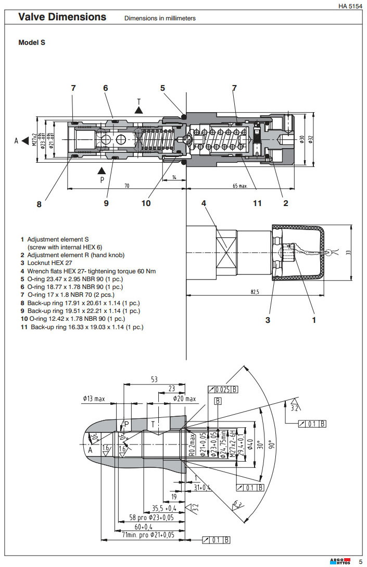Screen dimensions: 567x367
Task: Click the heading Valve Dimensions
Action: pyautogui.click(x=62, y=17)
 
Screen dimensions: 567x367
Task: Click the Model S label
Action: pyautogui.click(x=32, y=43)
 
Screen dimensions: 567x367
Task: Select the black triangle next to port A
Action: pyautogui.click(x=25, y=140)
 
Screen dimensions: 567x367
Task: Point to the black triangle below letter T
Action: pyautogui.click(x=138, y=110)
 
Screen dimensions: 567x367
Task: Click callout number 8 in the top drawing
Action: pyautogui.click(x=39, y=204)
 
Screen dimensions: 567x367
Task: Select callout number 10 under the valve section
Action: pyautogui.click(x=146, y=203)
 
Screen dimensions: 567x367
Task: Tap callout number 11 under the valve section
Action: pyautogui.click(x=257, y=203)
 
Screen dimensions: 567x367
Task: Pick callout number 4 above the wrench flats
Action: pyautogui.click(x=204, y=203)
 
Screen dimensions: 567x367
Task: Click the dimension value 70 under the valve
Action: pyautogui.click(x=126, y=186)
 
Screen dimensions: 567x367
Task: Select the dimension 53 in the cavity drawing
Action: pyautogui.click(x=154, y=380)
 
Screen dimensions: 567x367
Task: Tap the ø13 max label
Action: pyautogui.click(x=94, y=399)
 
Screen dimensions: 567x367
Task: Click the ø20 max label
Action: pyautogui.click(x=185, y=399)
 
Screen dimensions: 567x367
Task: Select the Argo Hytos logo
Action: pyautogui.click(x=340, y=561)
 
